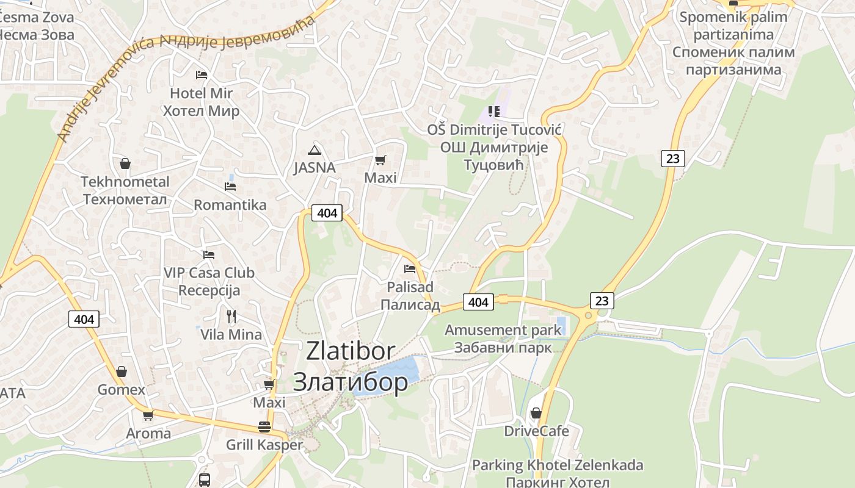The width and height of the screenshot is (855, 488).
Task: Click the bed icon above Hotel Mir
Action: point(202,75)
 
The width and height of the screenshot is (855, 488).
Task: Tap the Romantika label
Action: point(230,205)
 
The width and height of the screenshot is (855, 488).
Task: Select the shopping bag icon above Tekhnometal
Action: point(125,163)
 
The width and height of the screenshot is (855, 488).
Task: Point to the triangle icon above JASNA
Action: point(315,150)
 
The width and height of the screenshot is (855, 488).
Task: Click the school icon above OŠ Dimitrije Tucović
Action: point(494,111)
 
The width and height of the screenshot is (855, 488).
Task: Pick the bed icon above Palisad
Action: point(410,268)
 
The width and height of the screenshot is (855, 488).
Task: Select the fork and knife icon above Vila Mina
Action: point(231,316)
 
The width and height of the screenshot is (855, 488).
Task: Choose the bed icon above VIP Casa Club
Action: point(209,254)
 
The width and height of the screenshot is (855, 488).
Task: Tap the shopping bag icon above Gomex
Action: point(122,371)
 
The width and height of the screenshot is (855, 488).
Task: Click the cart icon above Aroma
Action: point(148,416)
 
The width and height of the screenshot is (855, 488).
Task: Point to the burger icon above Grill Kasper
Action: point(264,426)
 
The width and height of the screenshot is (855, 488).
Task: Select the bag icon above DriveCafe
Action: point(536,413)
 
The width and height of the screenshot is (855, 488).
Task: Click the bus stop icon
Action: point(205,479)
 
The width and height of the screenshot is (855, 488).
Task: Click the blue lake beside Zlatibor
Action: point(391,373)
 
